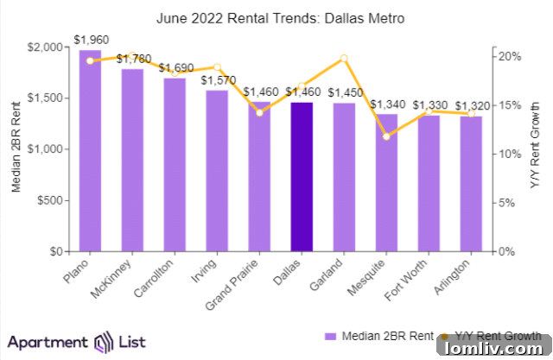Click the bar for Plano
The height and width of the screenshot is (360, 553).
click(x=91, y=151)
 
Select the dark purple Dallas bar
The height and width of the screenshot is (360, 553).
click(x=302, y=177)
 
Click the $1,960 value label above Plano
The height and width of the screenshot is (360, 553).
click(x=91, y=40)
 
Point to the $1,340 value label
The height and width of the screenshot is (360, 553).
click(x=386, y=104)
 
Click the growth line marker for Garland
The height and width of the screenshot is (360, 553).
click(x=344, y=59)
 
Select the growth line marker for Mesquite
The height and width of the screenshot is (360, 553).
click(x=386, y=136)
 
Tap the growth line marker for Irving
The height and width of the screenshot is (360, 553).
click(x=217, y=66)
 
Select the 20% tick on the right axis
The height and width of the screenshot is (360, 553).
click(x=510, y=56)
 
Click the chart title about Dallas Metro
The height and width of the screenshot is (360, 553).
click(x=276, y=16)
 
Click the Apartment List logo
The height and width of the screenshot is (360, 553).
click(x=69, y=341)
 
